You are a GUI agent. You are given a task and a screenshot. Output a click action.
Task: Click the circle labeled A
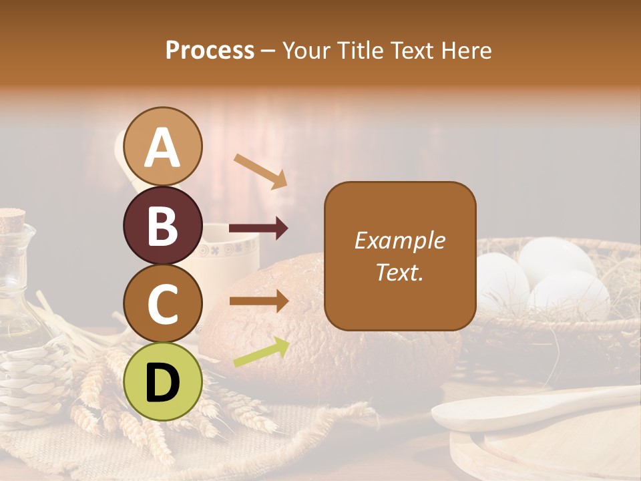tap(162, 147)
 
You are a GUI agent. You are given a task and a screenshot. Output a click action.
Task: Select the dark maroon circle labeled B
tap(162, 225)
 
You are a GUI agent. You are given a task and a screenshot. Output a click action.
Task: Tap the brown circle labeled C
tap(162, 303)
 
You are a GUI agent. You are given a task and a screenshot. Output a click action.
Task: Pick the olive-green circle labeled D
tap(162, 381)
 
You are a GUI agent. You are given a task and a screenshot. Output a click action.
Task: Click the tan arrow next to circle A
tap(260, 170)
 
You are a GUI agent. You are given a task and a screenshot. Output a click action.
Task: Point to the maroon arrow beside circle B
tap(258, 229)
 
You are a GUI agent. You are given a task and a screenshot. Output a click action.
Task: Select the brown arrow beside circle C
tap(258, 301)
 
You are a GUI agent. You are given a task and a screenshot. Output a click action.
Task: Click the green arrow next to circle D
tap(261, 352)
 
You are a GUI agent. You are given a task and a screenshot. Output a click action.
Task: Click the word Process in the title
tap(210, 50)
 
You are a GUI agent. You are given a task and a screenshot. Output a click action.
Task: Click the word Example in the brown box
tap(399, 240)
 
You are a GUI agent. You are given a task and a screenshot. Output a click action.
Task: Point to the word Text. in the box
tap(399, 272)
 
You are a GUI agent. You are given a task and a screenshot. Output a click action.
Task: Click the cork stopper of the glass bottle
tap(12, 218)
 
